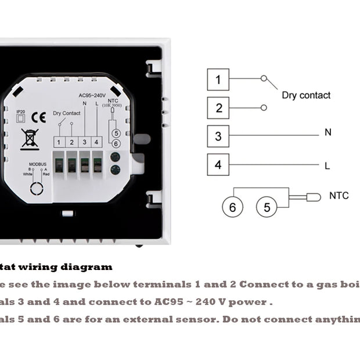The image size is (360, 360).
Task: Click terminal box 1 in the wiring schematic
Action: (218, 80)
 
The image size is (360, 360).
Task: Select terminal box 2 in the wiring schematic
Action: (218, 108)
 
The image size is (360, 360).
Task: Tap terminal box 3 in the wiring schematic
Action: (218, 136)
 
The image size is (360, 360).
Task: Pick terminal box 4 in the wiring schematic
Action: (218, 165)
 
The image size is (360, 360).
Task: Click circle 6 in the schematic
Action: (232, 207)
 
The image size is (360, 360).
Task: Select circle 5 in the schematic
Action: (267, 207)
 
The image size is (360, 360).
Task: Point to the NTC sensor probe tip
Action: (314, 197)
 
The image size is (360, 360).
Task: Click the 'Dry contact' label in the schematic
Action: (306, 95)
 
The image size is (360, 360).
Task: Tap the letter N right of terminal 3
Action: (328, 133)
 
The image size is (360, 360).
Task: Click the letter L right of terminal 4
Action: (327, 166)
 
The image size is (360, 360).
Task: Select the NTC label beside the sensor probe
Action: (339, 196)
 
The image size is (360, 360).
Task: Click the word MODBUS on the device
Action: (37, 164)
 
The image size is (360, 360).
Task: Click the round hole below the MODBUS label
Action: (37, 189)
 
